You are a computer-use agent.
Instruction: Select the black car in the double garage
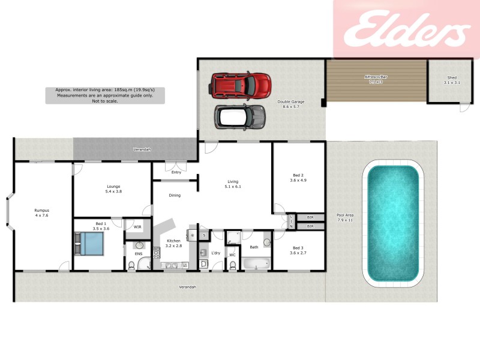pyautogui.click(x=240, y=116)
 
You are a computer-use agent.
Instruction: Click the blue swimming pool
pyautogui.click(x=392, y=223)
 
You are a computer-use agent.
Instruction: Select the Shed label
pyautogui.click(x=452, y=80)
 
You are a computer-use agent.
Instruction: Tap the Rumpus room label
pyautogui.click(x=41, y=212)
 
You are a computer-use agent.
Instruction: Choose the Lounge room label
pyautogui.click(x=113, y=189)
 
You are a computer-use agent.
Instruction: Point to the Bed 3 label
pyautogui.click(x=298, y=250)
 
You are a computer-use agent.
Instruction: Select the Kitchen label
pyautogui.click(x=173, y=243)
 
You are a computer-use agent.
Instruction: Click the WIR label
pyautogui.click(x=137, y=227)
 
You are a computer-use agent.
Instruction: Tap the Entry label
pyautogui.click(x=176, y=173)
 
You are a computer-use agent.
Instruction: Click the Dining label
pyautogui.click(x=175, y=195)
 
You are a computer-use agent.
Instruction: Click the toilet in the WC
pyautogui.click(x=233, y=265)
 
